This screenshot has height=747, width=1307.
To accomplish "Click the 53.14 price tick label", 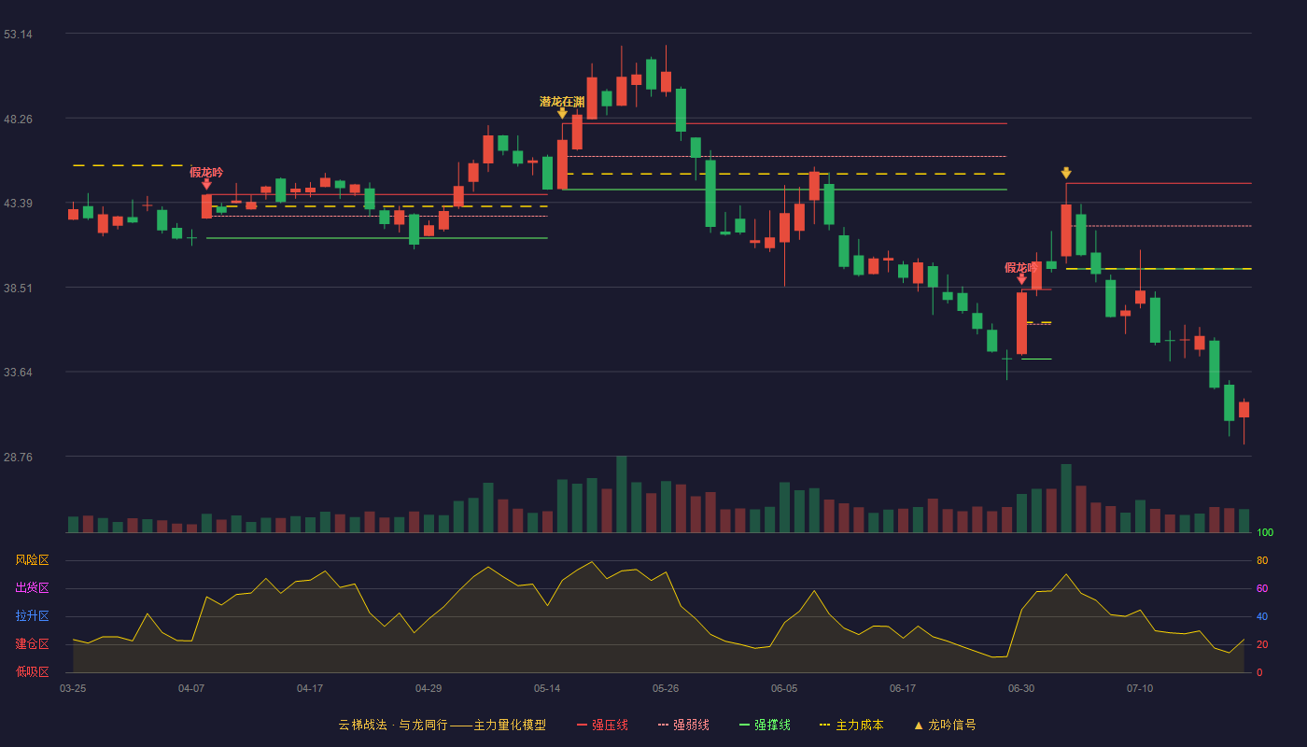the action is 18,35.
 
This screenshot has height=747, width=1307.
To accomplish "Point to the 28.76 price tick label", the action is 18,457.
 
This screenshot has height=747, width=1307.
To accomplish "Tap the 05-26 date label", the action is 666,689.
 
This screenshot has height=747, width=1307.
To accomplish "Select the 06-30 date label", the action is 1021,689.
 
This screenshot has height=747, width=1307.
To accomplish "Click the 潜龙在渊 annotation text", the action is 562,102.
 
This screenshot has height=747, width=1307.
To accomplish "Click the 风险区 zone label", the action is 32,560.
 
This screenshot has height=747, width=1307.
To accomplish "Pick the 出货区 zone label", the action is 32,587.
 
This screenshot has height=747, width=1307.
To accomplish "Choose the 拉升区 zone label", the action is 32,615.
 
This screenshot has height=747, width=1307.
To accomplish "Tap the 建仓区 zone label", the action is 32,643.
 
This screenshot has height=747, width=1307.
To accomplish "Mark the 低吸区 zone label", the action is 32,671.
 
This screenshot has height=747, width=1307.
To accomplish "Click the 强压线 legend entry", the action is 603,725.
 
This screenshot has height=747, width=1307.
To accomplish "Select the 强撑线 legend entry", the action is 765,725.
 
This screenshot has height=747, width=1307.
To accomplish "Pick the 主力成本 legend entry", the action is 851,725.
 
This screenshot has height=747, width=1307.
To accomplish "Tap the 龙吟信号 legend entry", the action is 945,725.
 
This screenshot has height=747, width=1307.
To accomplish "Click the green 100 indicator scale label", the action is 1265,532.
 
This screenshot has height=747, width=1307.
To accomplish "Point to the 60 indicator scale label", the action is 1262,588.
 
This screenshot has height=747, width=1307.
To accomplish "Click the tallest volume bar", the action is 622,494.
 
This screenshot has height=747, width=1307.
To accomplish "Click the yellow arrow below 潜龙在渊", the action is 562,113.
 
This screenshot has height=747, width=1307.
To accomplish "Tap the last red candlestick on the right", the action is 1244,410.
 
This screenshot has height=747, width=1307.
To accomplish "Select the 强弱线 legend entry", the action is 683,725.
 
